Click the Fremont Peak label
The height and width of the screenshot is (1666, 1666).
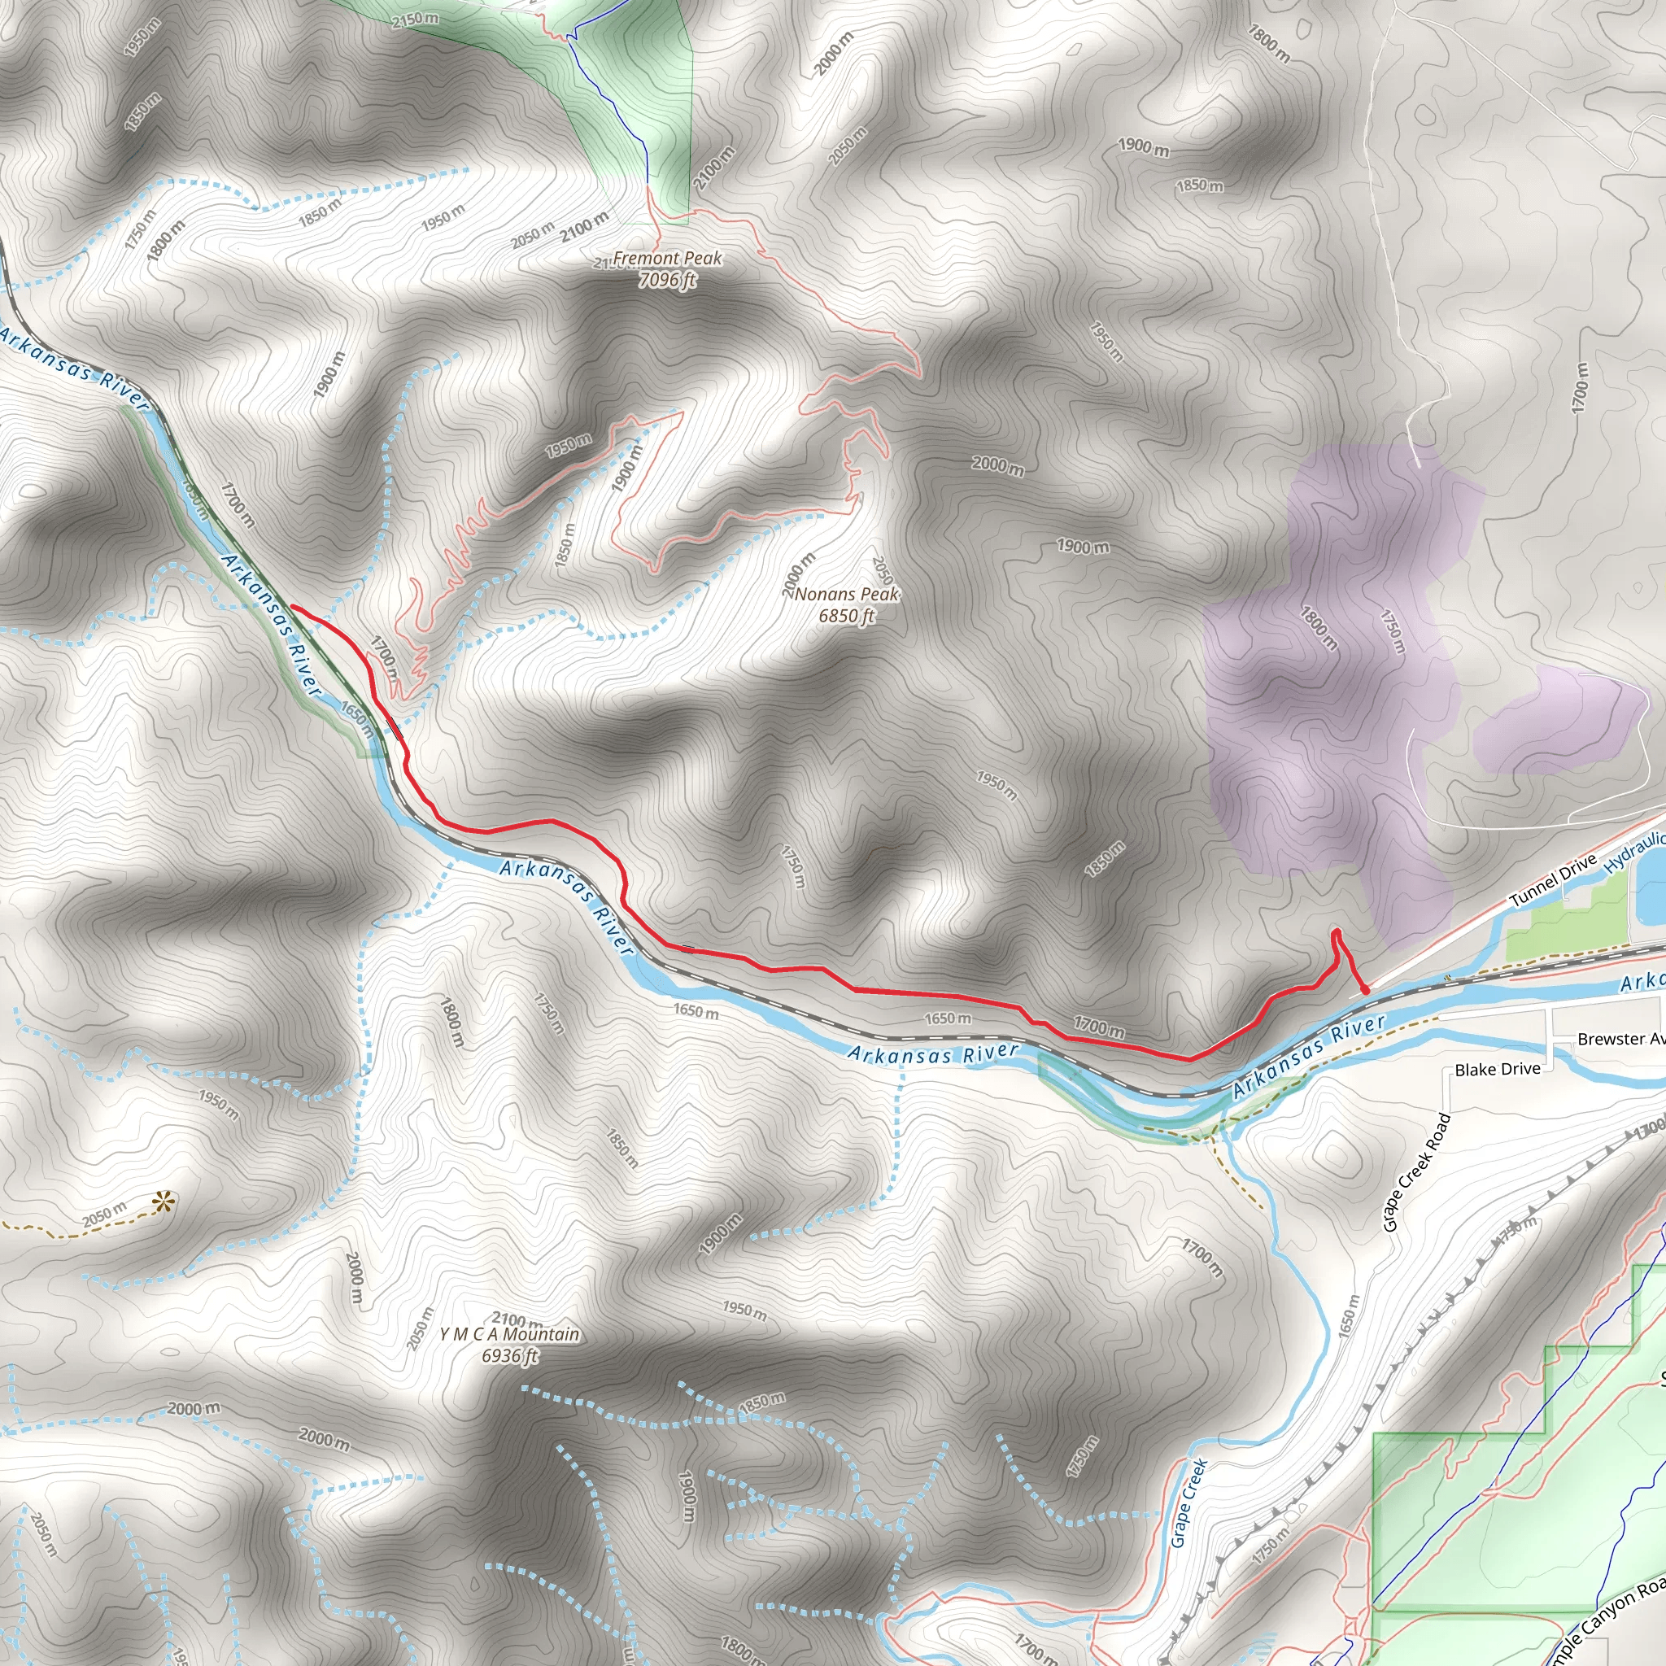[x=667, y=258]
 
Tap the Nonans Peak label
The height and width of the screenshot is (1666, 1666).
[x=847, y=594]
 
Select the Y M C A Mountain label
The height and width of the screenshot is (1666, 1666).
[x=509, y=1334]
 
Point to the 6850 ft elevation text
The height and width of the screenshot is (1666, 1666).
[x=847, y=616]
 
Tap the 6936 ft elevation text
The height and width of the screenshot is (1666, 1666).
[x=509, y=1355]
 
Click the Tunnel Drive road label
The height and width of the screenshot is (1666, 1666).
[x=1553, y=880]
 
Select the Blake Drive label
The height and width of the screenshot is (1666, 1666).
[x=1497, y=1069]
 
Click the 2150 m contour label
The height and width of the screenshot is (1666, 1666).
[x=415, y=19]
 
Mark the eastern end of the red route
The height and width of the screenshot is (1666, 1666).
[x=1365, y=991]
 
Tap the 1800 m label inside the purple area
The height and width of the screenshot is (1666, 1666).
[x=1319, y=628]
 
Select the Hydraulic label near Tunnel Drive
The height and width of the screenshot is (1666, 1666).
[x=1635, y=852]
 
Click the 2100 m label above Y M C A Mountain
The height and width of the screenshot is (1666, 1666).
[x=517, y=1319]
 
